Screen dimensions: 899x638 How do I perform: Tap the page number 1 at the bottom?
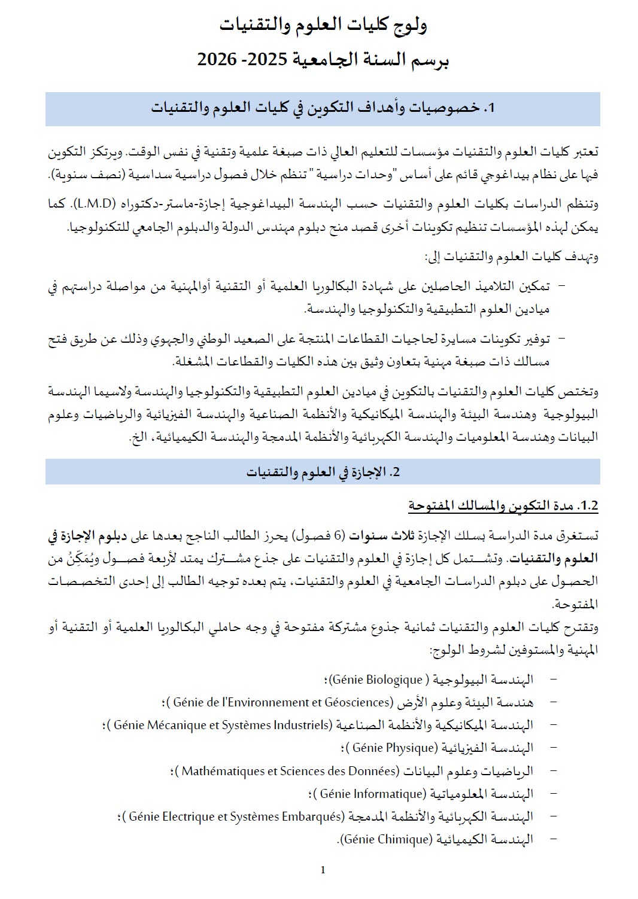point(323,870)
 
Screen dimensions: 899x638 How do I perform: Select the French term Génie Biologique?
point(377,679)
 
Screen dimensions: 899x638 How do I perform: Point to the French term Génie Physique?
point(394,748)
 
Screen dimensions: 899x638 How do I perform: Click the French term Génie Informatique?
point(372,794)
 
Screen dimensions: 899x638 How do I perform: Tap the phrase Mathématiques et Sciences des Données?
point(290,771)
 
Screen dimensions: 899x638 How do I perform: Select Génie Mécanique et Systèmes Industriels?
point(221,725)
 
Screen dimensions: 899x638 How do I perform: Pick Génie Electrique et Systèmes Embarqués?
point(236,816)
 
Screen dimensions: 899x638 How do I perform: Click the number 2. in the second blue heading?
point(394,472)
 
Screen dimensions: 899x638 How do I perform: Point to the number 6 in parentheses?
point(338,535)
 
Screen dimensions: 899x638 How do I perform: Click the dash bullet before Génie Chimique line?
point(552,839)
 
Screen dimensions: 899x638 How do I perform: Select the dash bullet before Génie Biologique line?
point(552,679)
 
